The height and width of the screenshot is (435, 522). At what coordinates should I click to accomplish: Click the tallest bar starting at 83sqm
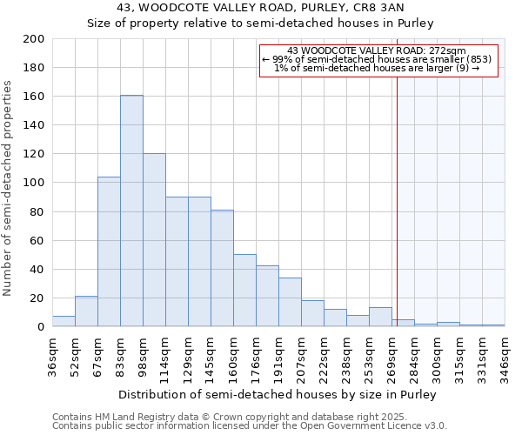pyautogui.click(x=131, y=211)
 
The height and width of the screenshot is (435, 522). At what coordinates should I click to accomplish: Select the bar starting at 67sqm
pyautogui.click(x=109, y=251)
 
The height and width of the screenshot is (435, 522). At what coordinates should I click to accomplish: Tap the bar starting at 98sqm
pyautogui.click(x=154, y=240)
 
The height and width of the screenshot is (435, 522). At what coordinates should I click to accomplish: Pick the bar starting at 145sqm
pyautogui.click(x=222, y=268)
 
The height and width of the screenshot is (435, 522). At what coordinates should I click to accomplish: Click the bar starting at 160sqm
pyautogui.click(x=244, y=291)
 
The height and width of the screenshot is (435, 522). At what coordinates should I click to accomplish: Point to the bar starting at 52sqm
pyautogui.click(x=86, y=311)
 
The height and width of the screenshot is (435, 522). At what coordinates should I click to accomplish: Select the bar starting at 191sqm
pyautogui.click(x=290, y=302)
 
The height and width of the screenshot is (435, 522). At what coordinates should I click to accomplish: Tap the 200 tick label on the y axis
pyautogui.click(x=34, y=39)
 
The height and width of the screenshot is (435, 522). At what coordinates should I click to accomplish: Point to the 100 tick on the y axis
pyautogui.click(x=34, y=183)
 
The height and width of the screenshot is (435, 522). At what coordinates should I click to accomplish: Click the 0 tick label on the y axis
pyautogui.click(x=41, y=327)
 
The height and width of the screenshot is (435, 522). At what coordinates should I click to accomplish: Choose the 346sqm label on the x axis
pyautogui.click(x=505, y=358)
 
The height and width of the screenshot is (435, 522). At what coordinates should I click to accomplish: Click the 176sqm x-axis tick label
pyautogui.click(x=256, y=358)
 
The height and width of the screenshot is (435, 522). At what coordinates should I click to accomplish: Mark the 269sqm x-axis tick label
pyautogui.click(x=391, y=358)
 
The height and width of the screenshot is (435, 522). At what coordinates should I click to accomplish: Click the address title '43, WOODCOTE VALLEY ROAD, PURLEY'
pyautogui.click(x=260, y=9)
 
